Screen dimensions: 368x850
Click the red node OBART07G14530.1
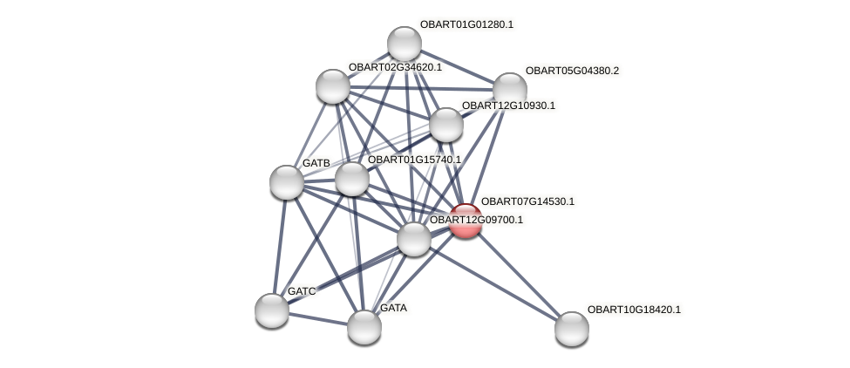pyautogui.click(x=466, y=221)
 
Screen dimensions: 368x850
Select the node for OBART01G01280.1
pyautogui.click(x=405, y=44)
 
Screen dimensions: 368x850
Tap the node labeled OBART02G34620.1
pyautogui.click(x=332, y=85)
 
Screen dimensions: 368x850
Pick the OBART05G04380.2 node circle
pyautogui.click(x=510, y=89)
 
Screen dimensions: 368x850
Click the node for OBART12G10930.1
pyautogui.click(x=446, y=125)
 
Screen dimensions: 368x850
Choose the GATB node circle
pyautogui.click(x=287, y=181)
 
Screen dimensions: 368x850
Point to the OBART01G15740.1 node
pyautogui.click(x=352, y=179)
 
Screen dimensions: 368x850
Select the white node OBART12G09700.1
pyautogui.click(x=414, y=238)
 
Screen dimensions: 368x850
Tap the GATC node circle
pyautogui.click(x=272, y=310)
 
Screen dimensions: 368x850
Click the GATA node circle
pyautogui.click(x=364, y=326)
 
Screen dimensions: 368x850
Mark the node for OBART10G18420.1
pyautogui.click(x=572, y=328)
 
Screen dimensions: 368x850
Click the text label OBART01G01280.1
pyautogui.click(x=466, y=24)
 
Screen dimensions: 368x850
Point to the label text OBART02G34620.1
pyautogui.click(x=395, y=67)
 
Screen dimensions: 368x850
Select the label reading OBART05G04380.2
pyautogui.click(x=572, y=71)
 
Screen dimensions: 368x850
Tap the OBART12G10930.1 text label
pyautogui.click(x=508, y=106)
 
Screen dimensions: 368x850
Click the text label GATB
pyautogui.click(x=316, y=163)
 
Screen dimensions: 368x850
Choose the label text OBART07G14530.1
pyautogui.click(x=527, y=201)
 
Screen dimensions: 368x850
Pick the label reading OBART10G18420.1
pyautogui.click(x=634, y=310)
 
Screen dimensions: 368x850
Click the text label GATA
pyautogui.click(x=393, y=308)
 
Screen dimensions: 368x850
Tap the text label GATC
pyautogui.click(x=302, y=291)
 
